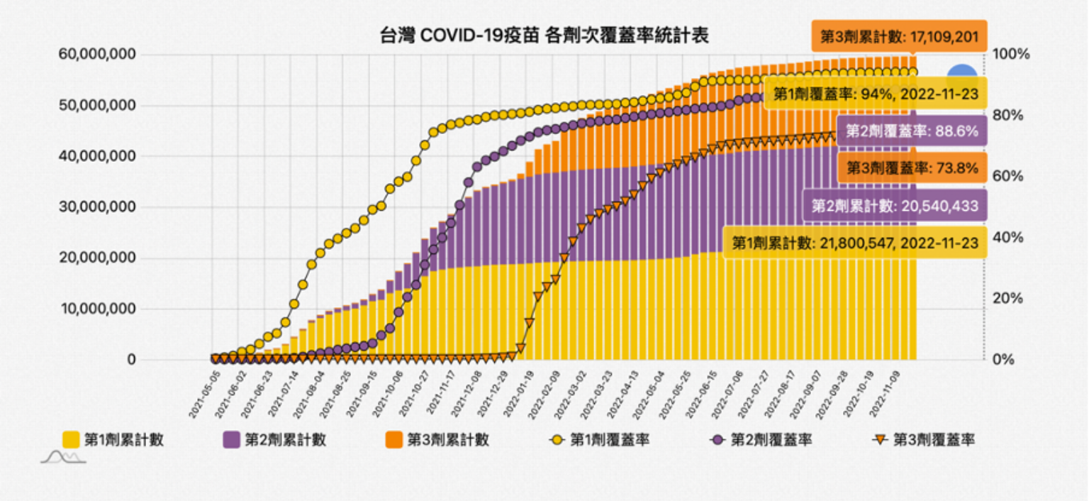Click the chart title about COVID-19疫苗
(544, 35)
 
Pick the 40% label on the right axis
(1007, 237)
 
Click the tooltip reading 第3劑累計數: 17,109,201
(900, 35)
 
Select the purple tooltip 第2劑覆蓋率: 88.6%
(912, 131)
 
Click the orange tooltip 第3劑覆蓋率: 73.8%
(912, 169)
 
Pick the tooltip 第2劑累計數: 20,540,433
(894, 207)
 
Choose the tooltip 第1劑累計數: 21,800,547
(854, 243)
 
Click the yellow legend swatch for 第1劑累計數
(72, 440)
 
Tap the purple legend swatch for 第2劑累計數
(232, 440)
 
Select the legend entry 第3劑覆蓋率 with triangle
(922, 440)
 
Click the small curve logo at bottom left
(62, 457)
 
